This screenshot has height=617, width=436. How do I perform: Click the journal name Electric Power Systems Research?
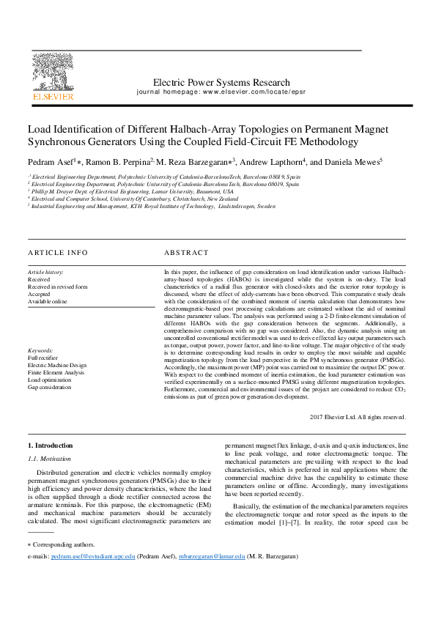pyautogui.click(x=211, y=83)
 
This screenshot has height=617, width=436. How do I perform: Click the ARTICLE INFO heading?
pyautogui.click(x=57, y=253)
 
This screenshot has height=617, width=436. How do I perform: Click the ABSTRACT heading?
pyautogui.click(x=186, y=253)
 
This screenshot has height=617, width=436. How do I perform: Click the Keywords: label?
pyautogui.click(x=42, y=350)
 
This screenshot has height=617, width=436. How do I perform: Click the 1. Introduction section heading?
pyautogui.click(x=51, y=446)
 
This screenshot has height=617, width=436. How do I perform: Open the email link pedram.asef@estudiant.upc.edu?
pyautogui.click(x=93, y=557)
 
